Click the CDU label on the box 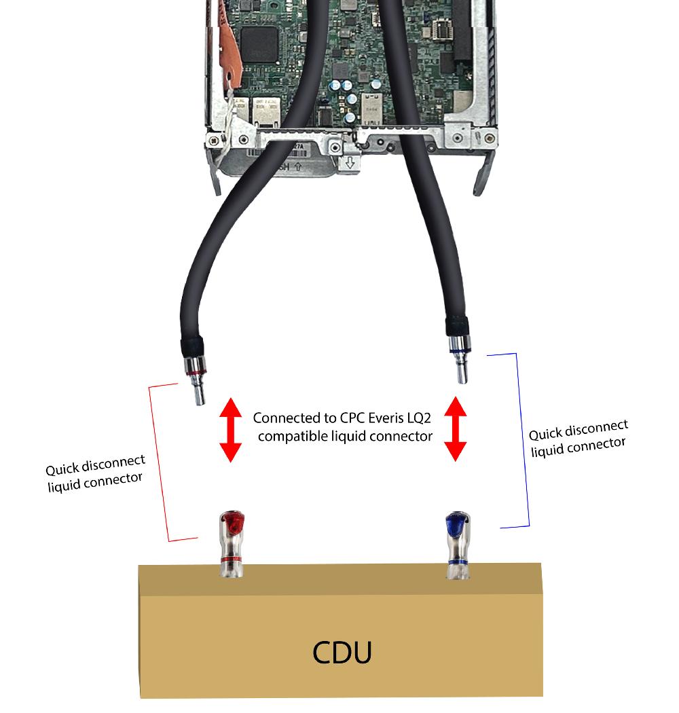tap(342, 653)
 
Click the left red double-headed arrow tap(230, 431)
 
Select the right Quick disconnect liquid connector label tap(579, 437)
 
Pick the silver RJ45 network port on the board tap(265, 109)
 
